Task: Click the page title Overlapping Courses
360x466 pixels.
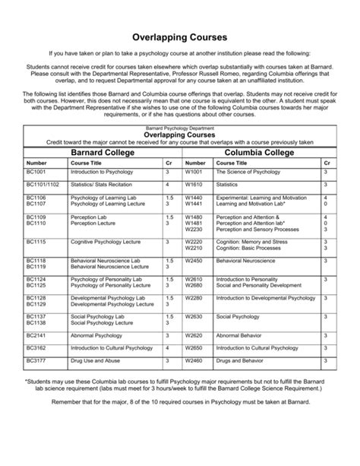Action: click(x=180, y=36)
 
